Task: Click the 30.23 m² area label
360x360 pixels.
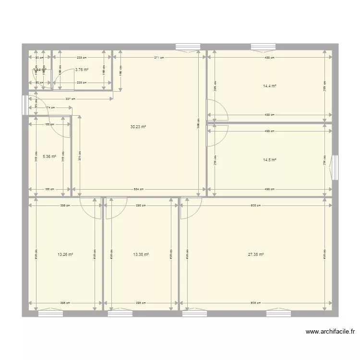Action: (x=138, y=127)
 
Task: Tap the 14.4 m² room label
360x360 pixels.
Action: (x=269, y=86)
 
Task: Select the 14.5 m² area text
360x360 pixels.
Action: (x=269, y=160)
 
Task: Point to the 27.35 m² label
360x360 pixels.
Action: (x=256, y=255)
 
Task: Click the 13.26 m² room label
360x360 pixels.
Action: (x=65, y=255)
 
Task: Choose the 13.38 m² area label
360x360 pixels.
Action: (x=141, y=255)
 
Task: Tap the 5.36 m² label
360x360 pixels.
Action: (x=49, y=156)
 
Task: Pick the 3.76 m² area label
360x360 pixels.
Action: (x=82, y=70)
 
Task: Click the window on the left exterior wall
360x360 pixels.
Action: (x=25, y=105)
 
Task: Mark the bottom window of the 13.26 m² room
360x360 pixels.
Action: (x=50, y=313)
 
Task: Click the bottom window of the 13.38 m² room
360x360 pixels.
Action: (x=120, y=313)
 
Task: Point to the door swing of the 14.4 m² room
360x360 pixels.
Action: (x=217, y=110)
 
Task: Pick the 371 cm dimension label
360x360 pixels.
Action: (x=159, y=58)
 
